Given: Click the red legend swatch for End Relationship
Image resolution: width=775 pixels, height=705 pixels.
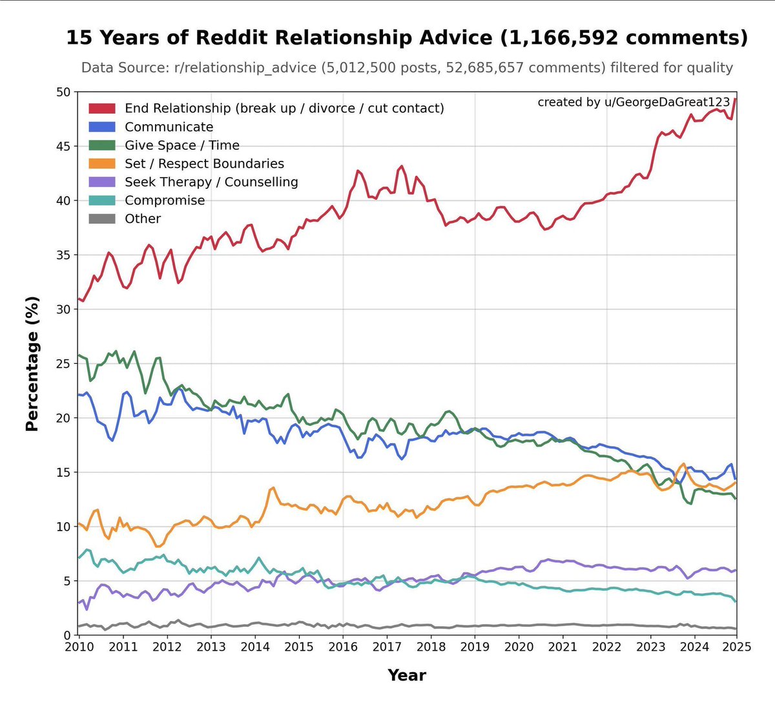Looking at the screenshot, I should (102, 109).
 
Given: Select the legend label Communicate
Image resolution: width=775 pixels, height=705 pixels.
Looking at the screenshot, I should (169, 127).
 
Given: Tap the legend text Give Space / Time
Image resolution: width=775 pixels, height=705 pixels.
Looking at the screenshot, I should (181, 145).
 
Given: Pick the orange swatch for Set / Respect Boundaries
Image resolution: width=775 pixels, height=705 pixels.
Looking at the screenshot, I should (102, 163).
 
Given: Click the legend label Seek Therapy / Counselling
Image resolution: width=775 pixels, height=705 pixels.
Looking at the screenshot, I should (211, 182).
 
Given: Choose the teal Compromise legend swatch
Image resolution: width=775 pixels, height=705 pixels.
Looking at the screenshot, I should (102, 200).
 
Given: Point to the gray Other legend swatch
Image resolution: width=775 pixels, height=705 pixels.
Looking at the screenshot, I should (102, 218).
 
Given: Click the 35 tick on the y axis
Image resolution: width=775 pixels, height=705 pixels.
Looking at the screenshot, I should (63, 255).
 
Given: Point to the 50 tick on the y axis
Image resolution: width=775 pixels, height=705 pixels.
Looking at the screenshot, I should (63, 92).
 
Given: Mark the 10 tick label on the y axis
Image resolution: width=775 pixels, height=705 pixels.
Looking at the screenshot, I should (63, 527).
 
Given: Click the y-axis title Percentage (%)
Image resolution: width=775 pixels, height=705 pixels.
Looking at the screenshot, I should (32, 364).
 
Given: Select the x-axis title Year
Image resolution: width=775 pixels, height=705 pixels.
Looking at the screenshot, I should (407, 675).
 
